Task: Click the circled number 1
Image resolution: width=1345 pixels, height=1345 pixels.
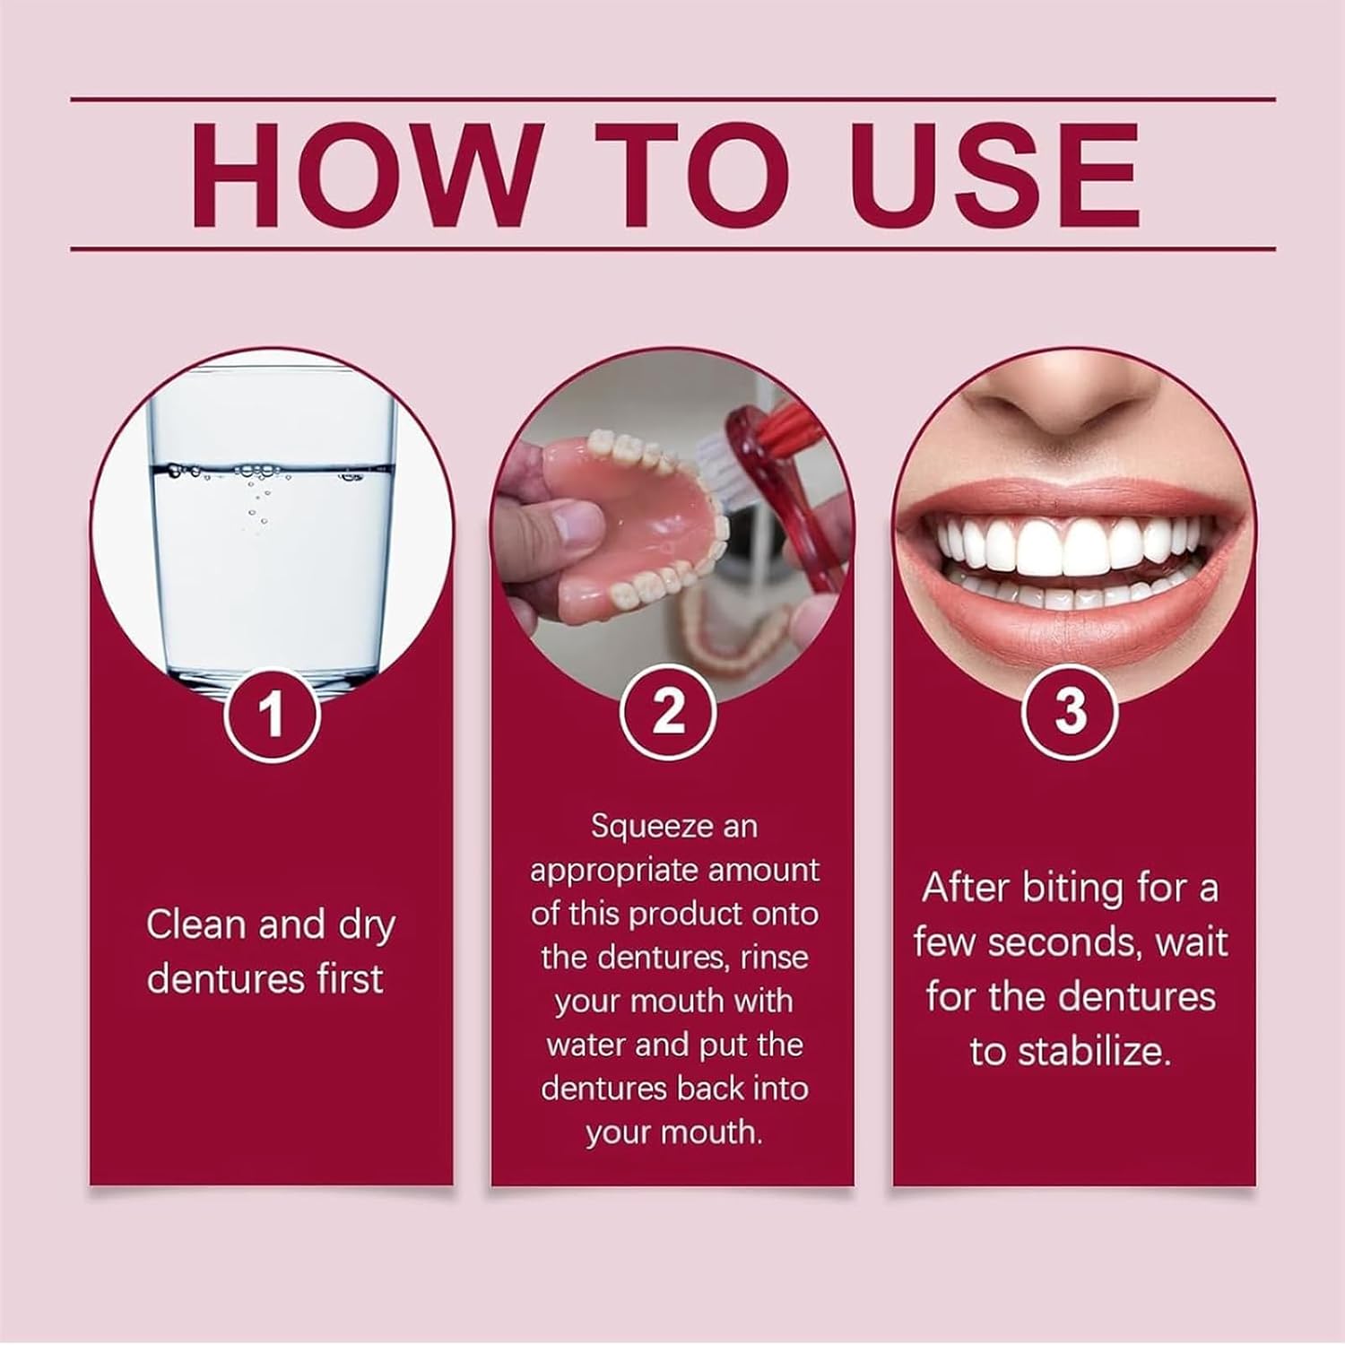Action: tap(271, 714)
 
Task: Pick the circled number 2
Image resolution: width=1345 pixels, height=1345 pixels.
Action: tap(669, 714)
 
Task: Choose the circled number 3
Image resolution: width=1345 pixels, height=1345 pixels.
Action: tap(1071, 714)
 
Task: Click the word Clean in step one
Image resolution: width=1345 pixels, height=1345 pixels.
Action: tap(197, 924)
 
